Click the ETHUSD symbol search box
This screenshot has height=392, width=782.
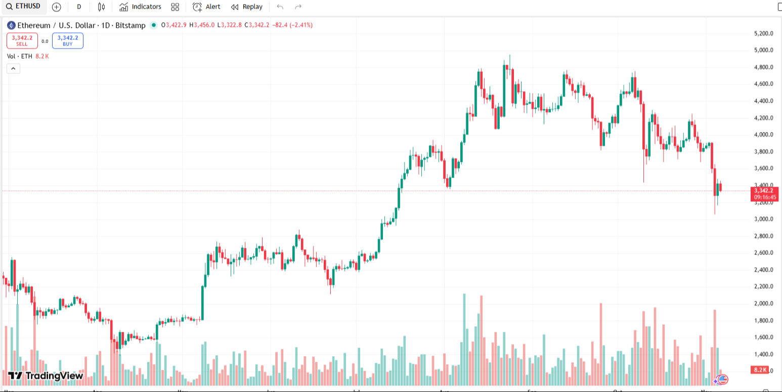coord(23,7)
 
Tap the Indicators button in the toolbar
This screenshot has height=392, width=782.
coord(141,7)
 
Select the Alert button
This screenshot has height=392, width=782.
coord(206,7)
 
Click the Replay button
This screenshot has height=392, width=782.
coord(247,7)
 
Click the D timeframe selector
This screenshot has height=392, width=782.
coord(79,7)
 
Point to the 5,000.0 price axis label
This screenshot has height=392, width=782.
coord(763,50)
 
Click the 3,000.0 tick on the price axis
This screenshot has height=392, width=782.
coord(763,219)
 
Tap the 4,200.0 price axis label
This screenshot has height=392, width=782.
coord(763,118)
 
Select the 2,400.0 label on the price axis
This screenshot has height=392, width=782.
coord(763,270)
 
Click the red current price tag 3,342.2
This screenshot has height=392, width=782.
coord(764,191)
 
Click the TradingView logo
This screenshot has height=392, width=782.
coord(46,375)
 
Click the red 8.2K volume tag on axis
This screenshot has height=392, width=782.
coord(760,370)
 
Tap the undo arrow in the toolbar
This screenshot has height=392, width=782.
coord(280,7)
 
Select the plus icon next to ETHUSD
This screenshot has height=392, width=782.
coord(56,7)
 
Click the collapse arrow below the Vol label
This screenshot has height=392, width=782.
coord(13,69)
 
